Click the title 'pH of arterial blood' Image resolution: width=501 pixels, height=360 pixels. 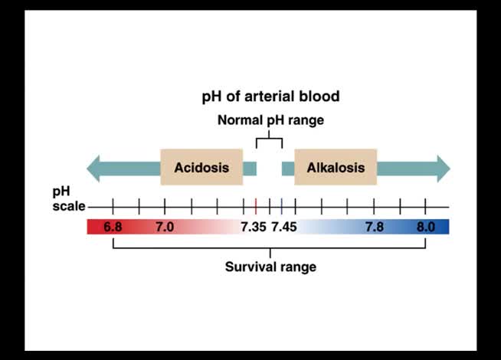270,97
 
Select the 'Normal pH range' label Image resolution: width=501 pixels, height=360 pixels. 270,120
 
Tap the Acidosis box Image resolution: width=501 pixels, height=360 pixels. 201,168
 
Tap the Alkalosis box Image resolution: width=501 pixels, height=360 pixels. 336,168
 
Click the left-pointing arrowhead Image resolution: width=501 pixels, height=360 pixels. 94,169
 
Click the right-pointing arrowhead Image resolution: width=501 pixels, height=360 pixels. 443,169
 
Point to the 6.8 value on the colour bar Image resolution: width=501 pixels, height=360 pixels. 113,227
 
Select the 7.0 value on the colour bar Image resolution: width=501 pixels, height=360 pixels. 165,227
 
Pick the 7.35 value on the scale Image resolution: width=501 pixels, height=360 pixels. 254,227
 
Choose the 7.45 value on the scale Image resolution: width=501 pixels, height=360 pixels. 284,227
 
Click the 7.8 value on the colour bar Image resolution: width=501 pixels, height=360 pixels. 375,227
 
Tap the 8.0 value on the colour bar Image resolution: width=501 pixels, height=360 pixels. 425,227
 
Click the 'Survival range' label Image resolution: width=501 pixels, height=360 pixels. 270,267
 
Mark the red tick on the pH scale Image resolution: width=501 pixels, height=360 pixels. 255,206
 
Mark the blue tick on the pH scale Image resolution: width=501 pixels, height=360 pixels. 282,206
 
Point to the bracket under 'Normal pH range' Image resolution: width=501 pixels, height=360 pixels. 269,139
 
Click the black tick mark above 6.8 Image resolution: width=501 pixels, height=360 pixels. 113,206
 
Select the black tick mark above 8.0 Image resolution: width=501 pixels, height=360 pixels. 425,206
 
